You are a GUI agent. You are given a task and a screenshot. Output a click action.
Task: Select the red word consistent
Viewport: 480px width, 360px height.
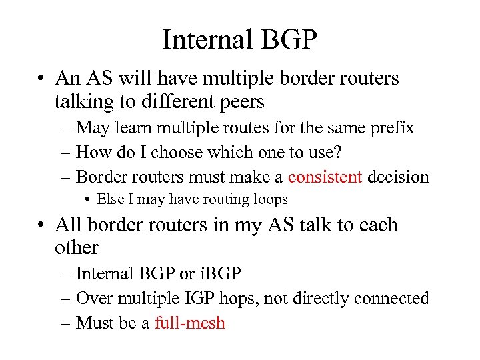(x=326, y=177)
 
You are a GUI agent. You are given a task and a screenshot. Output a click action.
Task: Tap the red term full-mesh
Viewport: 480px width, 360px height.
(x=189, y=323)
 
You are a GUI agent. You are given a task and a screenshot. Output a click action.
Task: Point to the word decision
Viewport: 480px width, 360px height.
(x=398, y=177)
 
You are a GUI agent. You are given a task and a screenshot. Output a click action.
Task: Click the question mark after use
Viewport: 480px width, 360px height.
(x=339, y=152)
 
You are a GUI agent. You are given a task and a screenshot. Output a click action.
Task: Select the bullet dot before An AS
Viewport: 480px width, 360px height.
(x=42, y=79)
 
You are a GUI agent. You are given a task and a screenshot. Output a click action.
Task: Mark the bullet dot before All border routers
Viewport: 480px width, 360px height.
(x=42, y=225)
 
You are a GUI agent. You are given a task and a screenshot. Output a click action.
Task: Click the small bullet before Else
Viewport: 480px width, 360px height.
(x=88, y=199)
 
